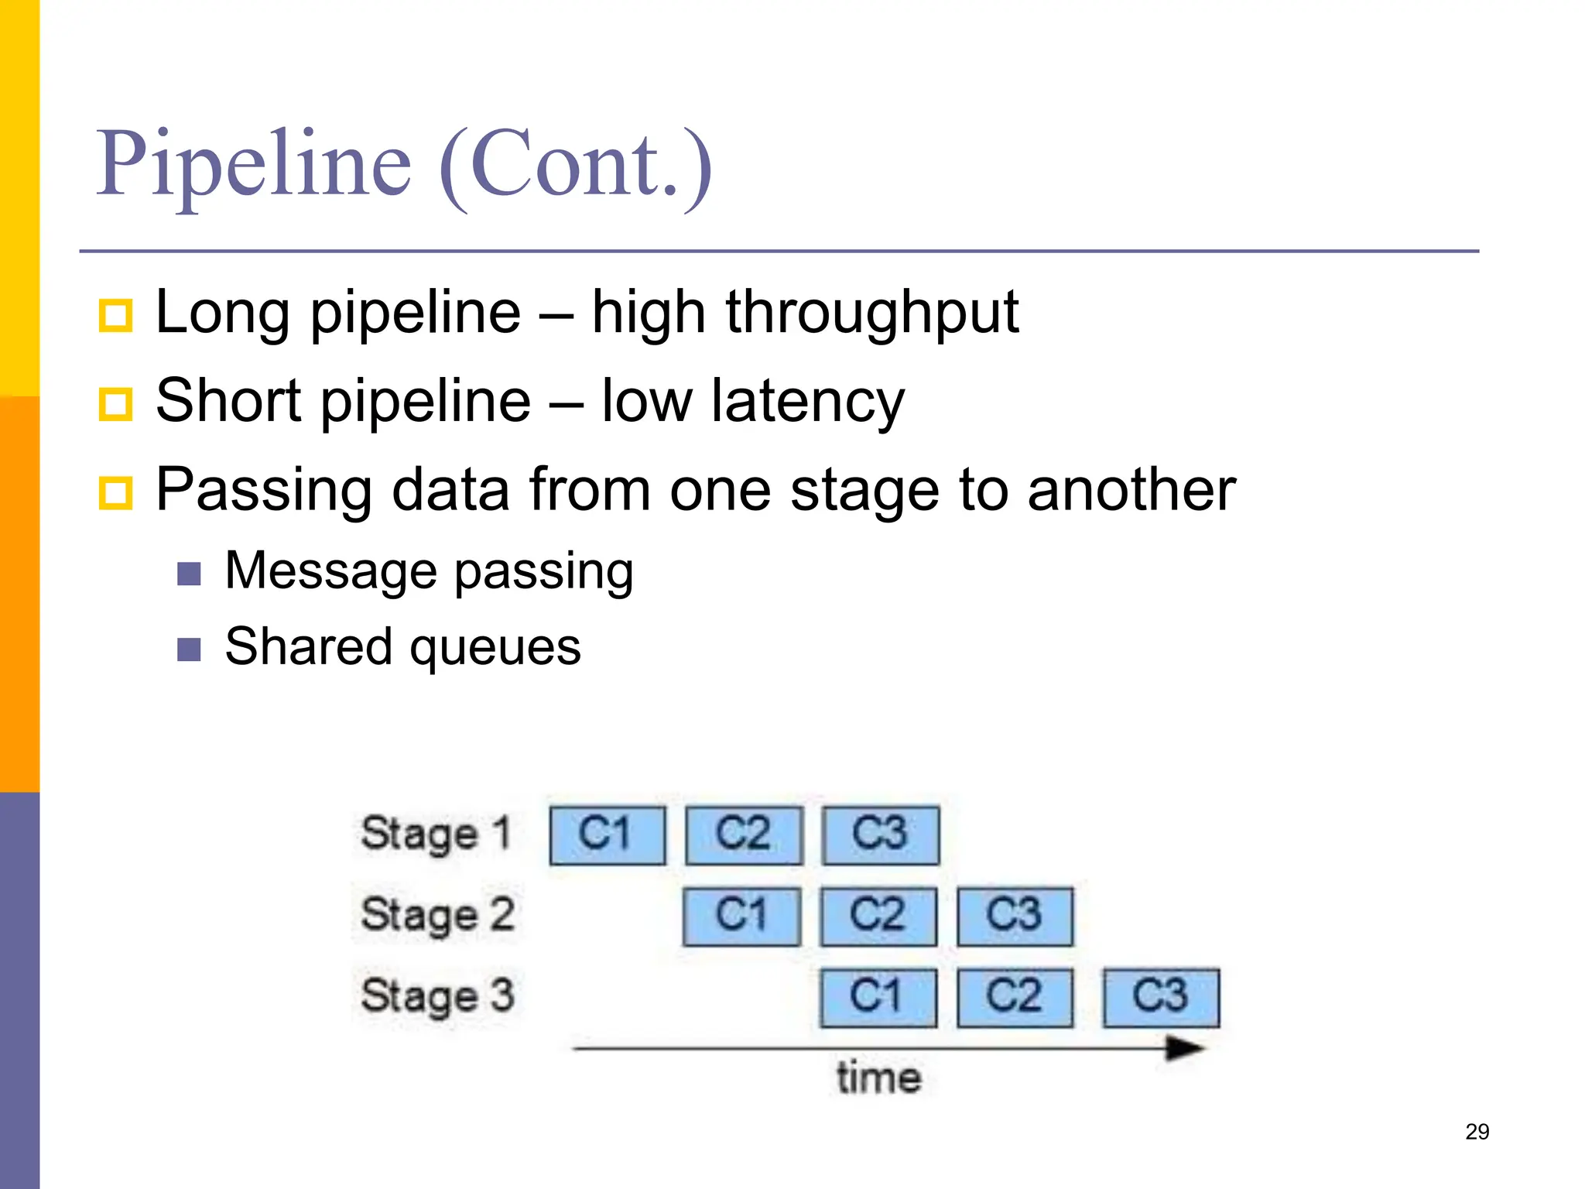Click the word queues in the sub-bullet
[495, 647]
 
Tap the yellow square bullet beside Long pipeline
[116, 316]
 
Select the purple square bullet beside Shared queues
[189, 649]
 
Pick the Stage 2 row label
[438, 916]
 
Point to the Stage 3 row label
[438, 996]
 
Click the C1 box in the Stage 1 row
[608, 835]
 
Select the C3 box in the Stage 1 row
[881, 835]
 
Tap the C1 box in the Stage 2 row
[741, 917]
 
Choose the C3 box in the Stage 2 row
[1015, 917]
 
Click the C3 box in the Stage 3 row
[1161, 998]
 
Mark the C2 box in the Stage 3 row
[1015, 998]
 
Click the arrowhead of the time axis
[1184, 1049]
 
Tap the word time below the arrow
[879, 1078]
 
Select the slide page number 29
[1477, 1132]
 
